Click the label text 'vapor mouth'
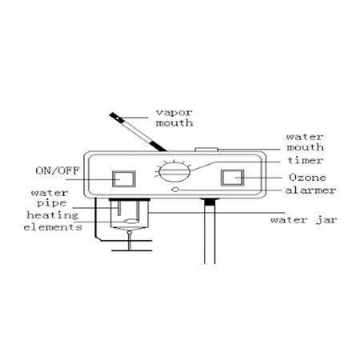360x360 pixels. [x=174, y=118]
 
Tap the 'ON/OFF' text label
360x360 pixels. [x=58, y=170]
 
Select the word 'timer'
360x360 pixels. [x=306, y=161]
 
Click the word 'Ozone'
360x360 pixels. [x=307, y=178]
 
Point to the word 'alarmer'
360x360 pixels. [x=310, y=190]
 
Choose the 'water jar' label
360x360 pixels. [x=304, y=220]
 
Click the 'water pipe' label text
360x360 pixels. [x=50, y=198]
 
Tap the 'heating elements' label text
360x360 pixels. [x=53, y=221]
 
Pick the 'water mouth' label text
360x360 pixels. [x=306, y=142]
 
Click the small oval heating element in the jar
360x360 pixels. [x=131, y=222]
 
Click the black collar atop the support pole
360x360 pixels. [x=210, y=202]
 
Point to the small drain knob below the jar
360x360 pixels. [x=130, y=233]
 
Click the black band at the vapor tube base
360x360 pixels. [x=158, y=146]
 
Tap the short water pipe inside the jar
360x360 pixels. [x=119, y=208]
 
